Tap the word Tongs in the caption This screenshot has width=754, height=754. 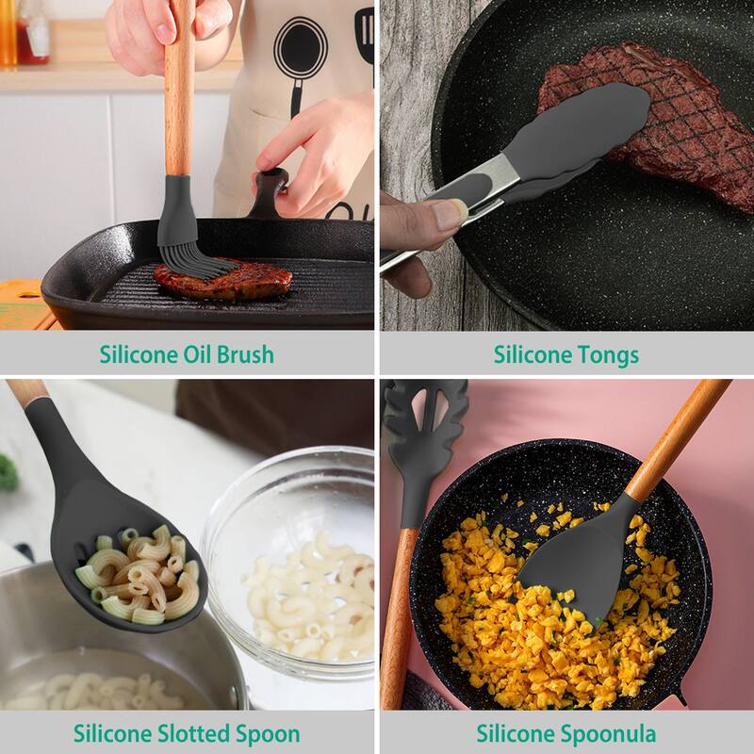click(x=607, y=354)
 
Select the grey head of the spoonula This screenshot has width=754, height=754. click(x=575, y=556)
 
